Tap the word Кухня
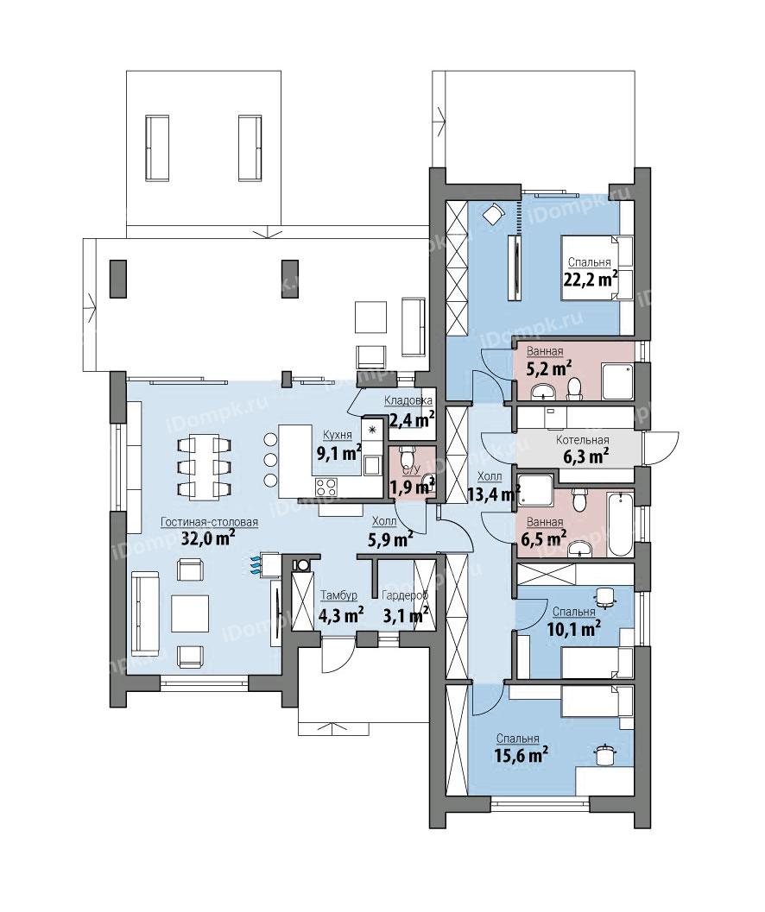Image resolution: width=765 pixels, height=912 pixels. point(338,435)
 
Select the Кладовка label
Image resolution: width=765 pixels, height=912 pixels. point(408,400)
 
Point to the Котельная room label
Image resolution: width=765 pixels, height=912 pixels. point(582,440)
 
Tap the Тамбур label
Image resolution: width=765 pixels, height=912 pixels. point(338,595)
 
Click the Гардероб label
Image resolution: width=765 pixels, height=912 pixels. point(405,595)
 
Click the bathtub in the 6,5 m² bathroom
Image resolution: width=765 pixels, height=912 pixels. point(620,524)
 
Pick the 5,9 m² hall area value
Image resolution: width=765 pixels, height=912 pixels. point(390,540)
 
